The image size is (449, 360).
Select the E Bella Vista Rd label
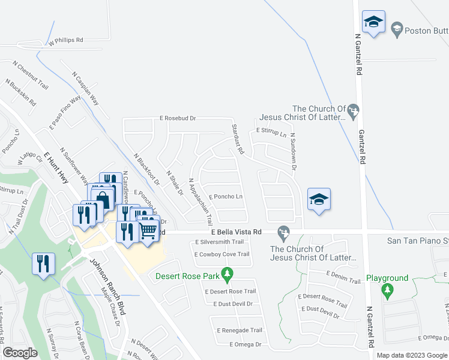(x=236, y=232)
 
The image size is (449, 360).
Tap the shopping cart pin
(x=148, y=230)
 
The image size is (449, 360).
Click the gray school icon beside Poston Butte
(x=396, y=28)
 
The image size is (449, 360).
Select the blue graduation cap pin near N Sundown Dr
(x=319, y=200)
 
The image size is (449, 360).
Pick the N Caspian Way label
(x=86, y=89)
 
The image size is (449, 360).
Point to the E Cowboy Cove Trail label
(x=222, y=254)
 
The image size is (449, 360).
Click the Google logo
(x=20, y=352)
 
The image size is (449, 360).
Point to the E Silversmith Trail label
(x=220, y=242)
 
